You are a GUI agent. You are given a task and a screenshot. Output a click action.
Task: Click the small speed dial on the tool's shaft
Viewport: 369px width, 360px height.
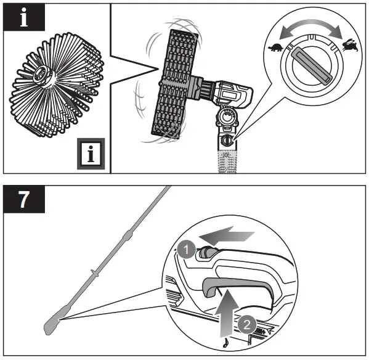228,140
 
